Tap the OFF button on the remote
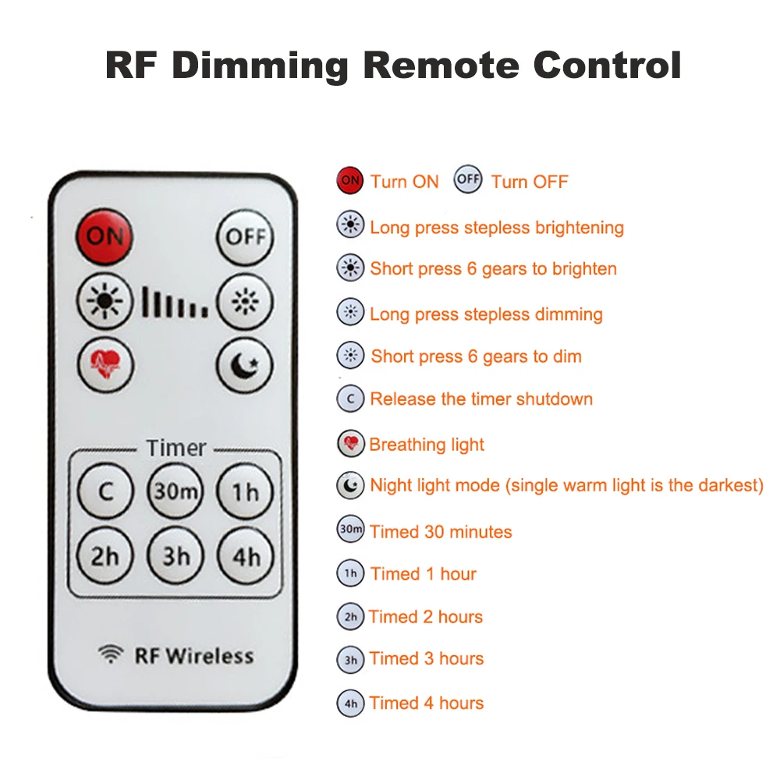click(245, 236)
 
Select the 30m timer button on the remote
click(175, 491)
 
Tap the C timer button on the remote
click(105, 491)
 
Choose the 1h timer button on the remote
click(246, 491)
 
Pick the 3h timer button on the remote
click(175, 556)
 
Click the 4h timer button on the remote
click(246, 556)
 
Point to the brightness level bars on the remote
click(175, 302)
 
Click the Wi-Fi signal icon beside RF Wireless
click(112, 654)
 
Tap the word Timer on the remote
click(176, 448)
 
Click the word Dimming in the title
click(260, 66)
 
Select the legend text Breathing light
click(427, 445)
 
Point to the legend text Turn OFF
click(530, 183)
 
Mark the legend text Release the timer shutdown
click(481, 399)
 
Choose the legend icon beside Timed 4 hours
click(350, 703)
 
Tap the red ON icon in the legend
click(350, 181)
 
